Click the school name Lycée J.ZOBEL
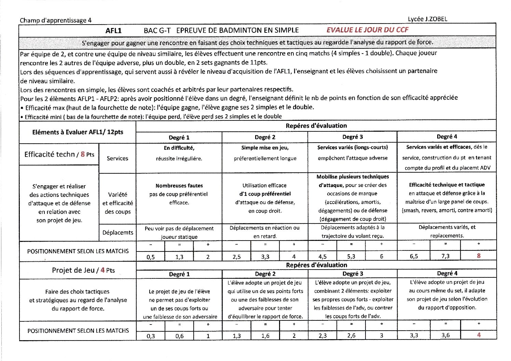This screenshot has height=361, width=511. [427, 19]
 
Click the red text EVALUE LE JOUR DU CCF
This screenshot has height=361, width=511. [367, 30]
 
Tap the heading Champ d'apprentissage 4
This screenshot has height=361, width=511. [56, 20]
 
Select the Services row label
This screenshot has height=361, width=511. [118, 158]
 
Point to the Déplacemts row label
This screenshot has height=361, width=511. [118, 232]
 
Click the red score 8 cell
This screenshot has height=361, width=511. [479, 256]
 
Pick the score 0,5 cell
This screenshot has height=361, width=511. [151, 257]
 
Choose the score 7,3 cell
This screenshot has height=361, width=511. [445, 256]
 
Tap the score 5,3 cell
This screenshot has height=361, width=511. [351, 257]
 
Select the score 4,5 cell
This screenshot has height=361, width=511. [322, 257]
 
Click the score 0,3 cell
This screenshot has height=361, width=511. [151, 336]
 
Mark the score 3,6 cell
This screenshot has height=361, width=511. [445, 335]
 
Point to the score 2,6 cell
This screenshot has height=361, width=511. [351, 336]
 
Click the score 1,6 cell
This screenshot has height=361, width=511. [265, 336]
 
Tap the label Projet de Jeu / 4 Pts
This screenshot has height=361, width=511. [83, 270]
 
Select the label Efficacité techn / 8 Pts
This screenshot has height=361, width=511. [59, 154]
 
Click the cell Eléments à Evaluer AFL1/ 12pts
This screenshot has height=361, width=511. [78, 132]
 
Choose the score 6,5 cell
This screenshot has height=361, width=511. [414, 256]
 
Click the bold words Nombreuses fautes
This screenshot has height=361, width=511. [179, 186]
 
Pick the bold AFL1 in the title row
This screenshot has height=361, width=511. [113, 31]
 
